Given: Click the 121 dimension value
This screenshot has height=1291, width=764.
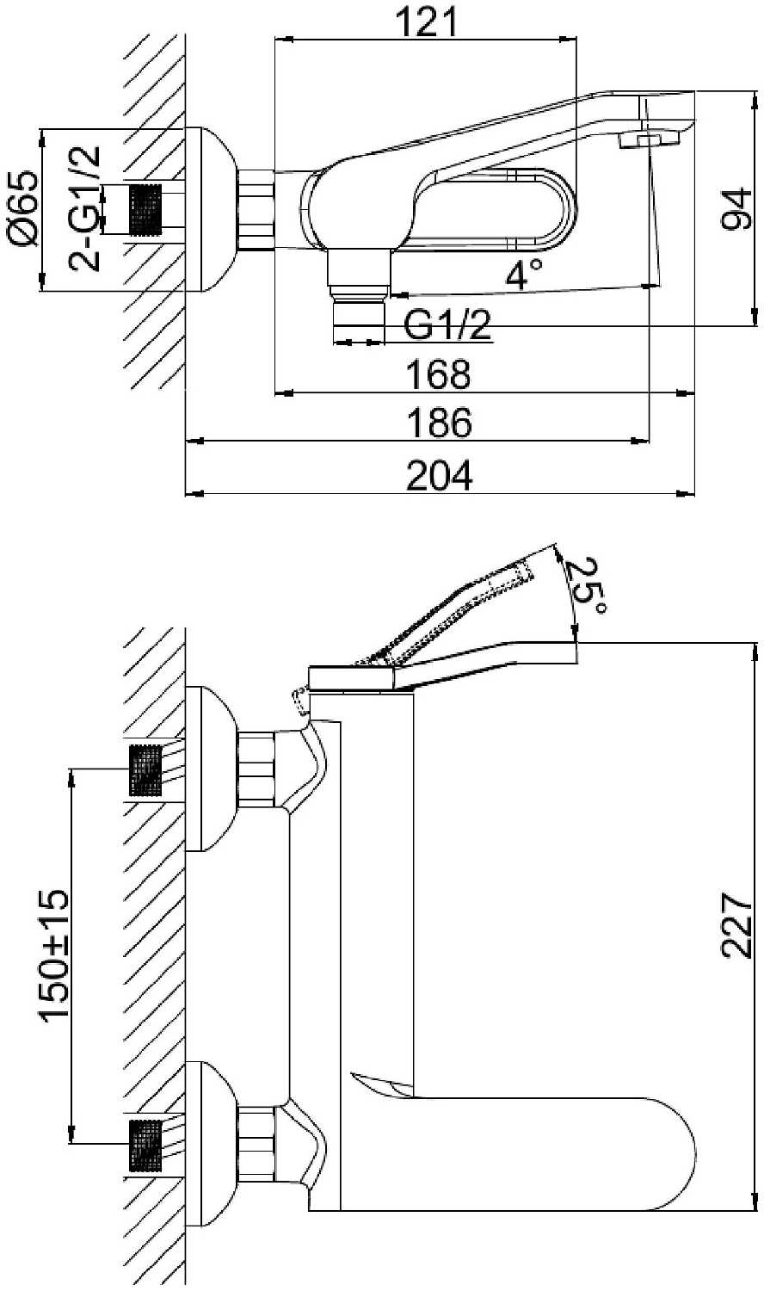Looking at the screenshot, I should point(427,22).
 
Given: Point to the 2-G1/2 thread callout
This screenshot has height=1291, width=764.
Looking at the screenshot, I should point(85,209).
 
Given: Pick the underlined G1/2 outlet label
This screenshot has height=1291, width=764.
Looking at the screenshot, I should point(447,325).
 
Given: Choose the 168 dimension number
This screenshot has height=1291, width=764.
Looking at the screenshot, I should point(439,374).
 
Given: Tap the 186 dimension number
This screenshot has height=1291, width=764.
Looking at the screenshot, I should point(439,423).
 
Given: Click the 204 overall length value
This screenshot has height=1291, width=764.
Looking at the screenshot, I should point(439,475).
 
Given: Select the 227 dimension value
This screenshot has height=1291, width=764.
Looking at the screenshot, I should point(736,925).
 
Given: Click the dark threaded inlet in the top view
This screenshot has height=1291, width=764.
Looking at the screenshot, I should point(145,209).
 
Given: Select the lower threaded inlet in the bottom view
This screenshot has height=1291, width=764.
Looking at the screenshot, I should point(145,1145).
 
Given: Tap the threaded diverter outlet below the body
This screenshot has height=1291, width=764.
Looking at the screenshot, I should point(358,320).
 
